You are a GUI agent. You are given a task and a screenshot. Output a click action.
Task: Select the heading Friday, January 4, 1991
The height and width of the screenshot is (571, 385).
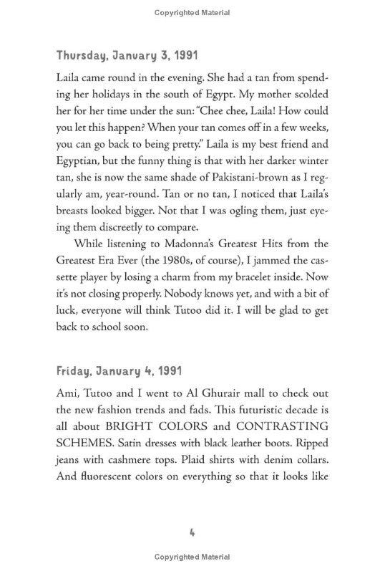[x=119, y=372]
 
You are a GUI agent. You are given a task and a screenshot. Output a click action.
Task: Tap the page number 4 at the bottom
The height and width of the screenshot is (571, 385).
[x=192, y=533]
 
